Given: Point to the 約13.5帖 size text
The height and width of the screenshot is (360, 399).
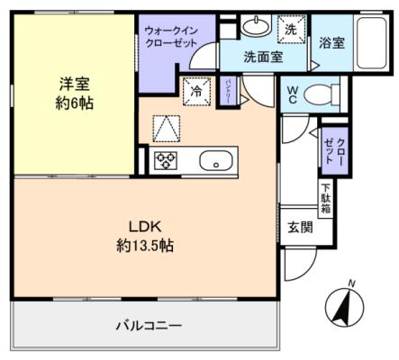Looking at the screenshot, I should click(144, 245).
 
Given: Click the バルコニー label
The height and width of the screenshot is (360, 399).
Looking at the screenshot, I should click(149, 325).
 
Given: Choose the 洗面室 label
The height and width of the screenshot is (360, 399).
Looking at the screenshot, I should click(264, 56).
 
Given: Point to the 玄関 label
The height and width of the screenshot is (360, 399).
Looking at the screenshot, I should click(301, 227).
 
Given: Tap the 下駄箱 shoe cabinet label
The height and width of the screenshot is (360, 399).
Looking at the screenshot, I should click(324, 197).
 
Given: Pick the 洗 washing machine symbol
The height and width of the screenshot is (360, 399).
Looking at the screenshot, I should click(290, 29).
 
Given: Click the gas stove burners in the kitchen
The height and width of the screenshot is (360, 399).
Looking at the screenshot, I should click(167, 162).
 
